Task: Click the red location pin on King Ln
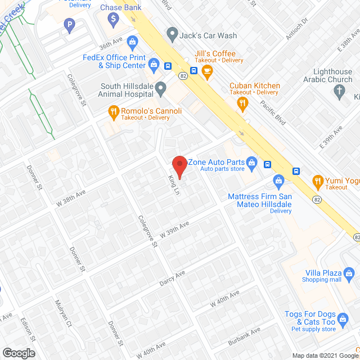point(179,165)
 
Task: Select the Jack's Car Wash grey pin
point(172,35)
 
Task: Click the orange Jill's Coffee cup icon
point(208,71)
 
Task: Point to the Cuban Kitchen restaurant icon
point(243,102)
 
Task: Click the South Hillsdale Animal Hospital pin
point(161,88)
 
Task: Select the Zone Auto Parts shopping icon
point(252,163)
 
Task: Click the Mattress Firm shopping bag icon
point(278,181)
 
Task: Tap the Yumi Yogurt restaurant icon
point(318,181)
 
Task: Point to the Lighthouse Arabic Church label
point(332,76)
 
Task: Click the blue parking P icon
point(69,25)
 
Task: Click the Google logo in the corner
point(18,353)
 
